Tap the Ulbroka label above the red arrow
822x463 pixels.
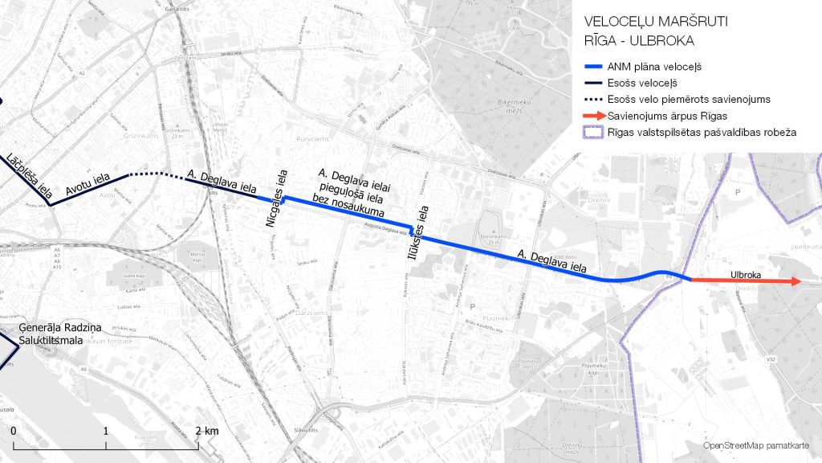tap(745, 274)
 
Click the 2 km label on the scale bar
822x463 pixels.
tap(207, 432)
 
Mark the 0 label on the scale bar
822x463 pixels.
tap(14, 432)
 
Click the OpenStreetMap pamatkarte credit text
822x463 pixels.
tap(755, 445)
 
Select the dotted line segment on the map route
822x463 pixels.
tap(157, 174)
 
